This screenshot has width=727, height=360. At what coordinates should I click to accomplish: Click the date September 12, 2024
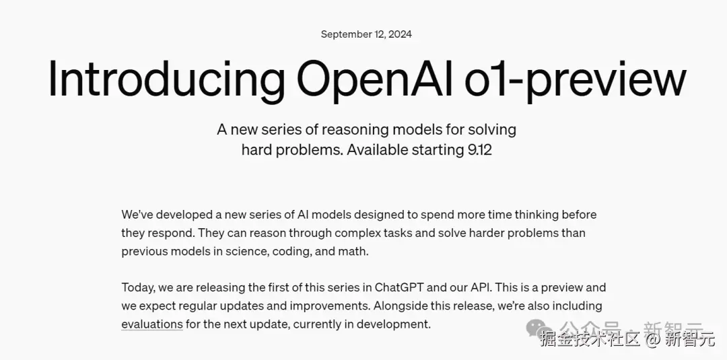366,34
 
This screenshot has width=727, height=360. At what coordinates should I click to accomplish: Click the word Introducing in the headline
166,79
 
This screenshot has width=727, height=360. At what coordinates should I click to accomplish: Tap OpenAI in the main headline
375,79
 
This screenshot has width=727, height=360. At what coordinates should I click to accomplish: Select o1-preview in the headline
576,79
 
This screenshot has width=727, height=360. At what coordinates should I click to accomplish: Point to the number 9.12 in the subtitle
480,150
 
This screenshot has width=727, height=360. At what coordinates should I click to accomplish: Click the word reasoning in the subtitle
355,130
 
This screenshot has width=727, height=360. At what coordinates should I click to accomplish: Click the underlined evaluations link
152,324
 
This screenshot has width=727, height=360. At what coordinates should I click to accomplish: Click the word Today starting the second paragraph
138,288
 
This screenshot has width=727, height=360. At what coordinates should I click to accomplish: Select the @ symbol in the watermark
653,340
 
